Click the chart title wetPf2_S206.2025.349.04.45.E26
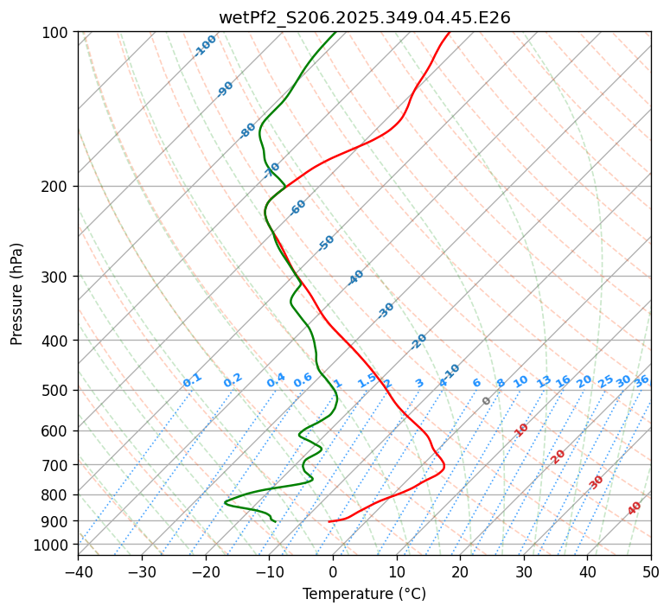pyautogui.click(x=364, y=17)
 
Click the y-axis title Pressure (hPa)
pyautogui.click(x=17, y=294)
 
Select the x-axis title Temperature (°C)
pyautogui.click(x=364, y=595)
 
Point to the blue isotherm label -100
pyautogui.click(x=205, y=46)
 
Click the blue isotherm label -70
pyautogui.click(x=272, y=169)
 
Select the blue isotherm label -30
pyautogui.click(x=386, y=310)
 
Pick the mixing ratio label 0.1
pyautogui.click(x=192, y=380)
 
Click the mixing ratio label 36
pyautogui.click(x=641, y=380)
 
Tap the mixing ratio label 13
pyautogui.click(x=544, y=381)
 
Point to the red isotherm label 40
pyautogui.click(x=635, y=508)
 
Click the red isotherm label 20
pyautogui.click(x=558, y=456)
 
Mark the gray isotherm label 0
pyautogui.click(x=487, y=401)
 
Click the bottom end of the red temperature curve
pyautogui.click(x=329, y=521)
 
